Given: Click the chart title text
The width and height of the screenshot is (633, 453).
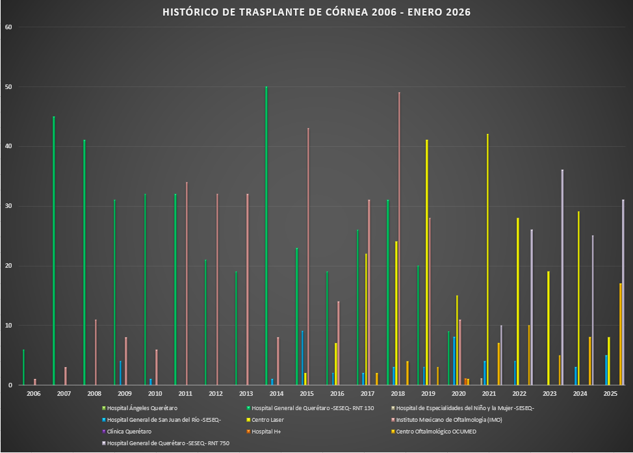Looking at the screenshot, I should tap(316, 12).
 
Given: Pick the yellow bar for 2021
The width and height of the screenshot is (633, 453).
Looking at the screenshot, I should tap(487, 259).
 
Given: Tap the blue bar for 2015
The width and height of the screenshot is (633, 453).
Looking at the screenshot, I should tap(302, 357).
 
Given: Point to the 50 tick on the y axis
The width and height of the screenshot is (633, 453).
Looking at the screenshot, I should tap(8, 87).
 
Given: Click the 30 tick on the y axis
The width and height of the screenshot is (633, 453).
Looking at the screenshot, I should tap(8, 207).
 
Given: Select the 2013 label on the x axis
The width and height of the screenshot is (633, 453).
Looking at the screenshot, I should tap(246, 394).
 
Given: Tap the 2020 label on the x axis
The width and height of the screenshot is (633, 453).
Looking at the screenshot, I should tap(459, 394).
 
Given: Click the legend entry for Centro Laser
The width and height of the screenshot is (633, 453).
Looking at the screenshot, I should tap(268, 420).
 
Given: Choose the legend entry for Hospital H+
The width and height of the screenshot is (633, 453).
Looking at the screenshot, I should tap(267, 432).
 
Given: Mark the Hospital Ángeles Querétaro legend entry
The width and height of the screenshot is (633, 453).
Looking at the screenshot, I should tap(142, 408).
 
